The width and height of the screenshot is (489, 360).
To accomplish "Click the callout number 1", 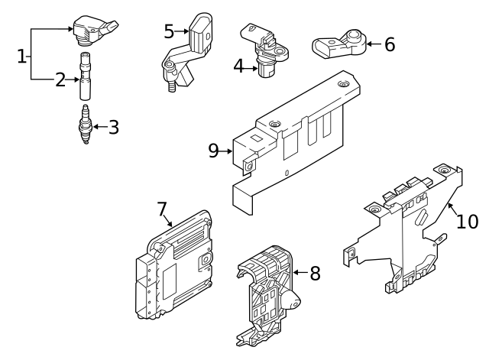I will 22,55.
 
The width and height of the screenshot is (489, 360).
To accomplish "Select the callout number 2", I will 60,79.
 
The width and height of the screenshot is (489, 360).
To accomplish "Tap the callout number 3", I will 113,127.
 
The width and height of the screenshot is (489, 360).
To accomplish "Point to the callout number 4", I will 238,67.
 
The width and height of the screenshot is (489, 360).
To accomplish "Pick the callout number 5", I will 170,31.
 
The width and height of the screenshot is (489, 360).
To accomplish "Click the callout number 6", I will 389,44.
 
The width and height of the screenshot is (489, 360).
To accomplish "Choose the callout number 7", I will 161,209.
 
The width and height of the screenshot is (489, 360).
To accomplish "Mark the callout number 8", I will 316,273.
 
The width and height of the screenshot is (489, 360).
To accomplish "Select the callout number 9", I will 214,151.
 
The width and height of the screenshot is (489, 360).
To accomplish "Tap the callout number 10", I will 467,221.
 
